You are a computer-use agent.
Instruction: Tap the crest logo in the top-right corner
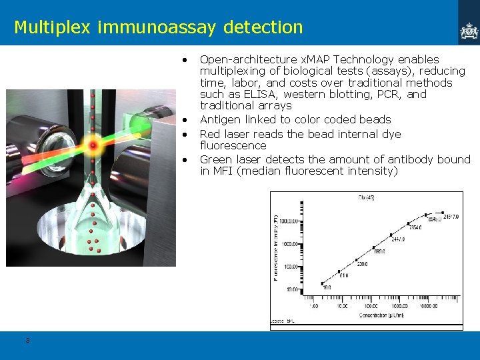pyautogui.click(x=469, y=30)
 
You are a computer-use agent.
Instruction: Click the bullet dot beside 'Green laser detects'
pyautogui.click(x=183, y=160)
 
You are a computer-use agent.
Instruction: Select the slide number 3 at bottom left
pyautogui.click(x=27, y=341)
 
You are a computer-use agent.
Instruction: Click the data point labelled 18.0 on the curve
pyautogui.click(x=322, y=283)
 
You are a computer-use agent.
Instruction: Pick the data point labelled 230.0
pyautogui.click(x=357, y=259)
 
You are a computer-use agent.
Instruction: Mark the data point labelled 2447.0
pyautogui.click(x=391, y=235)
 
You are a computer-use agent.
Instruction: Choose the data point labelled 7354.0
pyautogui.click(x=408, y=223)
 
